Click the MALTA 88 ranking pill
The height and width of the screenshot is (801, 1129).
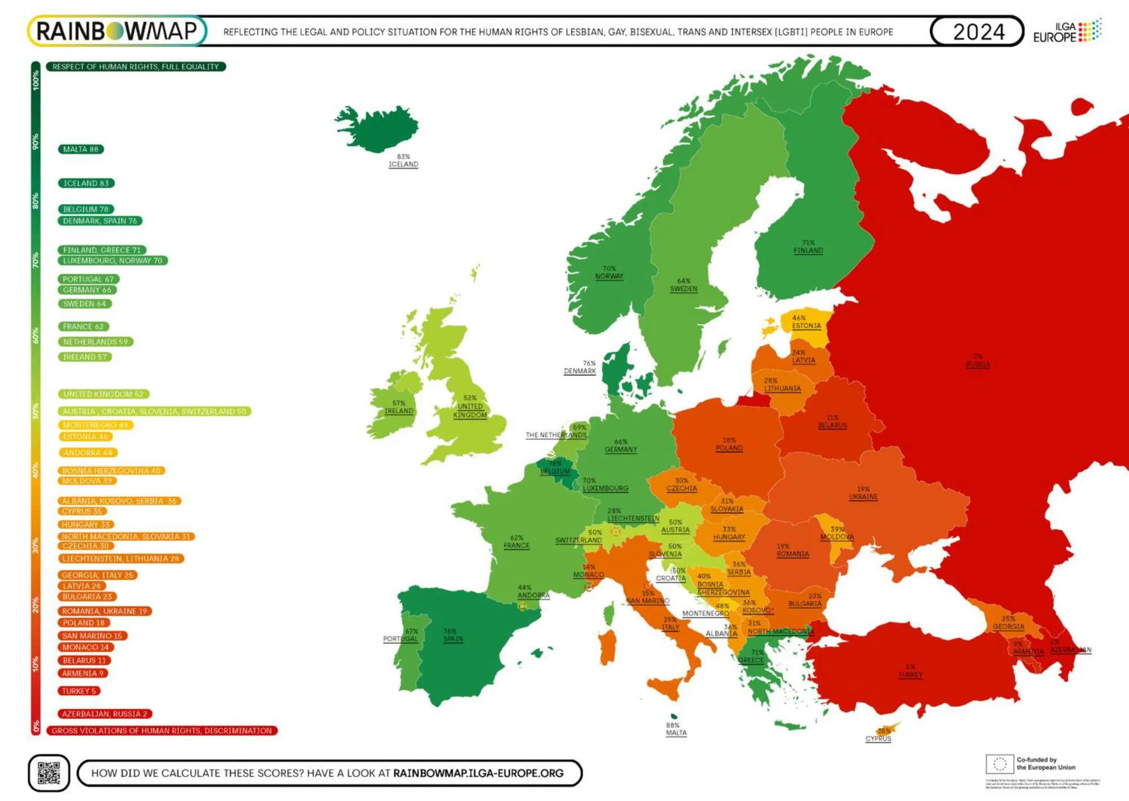coord(81,150)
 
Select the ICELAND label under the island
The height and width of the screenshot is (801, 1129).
coord(403,164)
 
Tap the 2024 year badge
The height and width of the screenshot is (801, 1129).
coord(978,32)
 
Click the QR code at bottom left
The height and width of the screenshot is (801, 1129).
coord(49,773)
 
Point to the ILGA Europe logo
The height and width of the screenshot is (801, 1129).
coord(1066,32)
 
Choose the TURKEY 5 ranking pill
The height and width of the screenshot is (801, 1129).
coord(79,691)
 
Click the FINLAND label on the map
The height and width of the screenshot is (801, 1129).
coord(808,250)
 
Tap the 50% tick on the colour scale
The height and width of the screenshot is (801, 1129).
coord(36,410)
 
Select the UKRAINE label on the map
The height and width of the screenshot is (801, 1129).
coord(863,497)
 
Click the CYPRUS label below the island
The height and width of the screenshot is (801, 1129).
coord(878,738)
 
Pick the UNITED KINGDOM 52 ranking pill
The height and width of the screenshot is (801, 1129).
coord(103,394)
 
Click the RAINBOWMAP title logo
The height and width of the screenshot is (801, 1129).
coord(117,31)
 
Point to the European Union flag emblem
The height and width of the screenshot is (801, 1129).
coord(999,764)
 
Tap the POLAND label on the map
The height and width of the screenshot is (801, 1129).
coord(729,448)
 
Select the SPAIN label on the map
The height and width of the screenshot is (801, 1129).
coord(453,639)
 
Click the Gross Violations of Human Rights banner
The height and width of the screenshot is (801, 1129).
coord(162,730)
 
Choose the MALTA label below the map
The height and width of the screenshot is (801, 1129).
coord(676,733)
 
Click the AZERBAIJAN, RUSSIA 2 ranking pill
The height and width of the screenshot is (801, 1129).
coord(104,714)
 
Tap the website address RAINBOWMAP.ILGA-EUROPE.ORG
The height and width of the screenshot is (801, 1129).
coord(478,773)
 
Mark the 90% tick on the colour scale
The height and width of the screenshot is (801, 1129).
coord(36,141)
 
